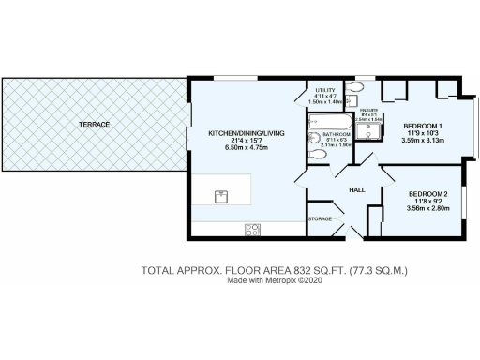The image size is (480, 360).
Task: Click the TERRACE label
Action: click(x=95, y=124)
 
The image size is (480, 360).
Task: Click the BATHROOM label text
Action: click(x=337, y=134)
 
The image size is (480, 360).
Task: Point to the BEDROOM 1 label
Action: click(x=423, y=125)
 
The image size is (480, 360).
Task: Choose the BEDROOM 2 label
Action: click(x=427, y=194)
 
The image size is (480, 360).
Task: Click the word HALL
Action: click(x=356, y=190)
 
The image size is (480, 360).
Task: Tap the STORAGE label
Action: click(x=319, y=219)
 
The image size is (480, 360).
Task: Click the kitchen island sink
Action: click(x=222, y=195)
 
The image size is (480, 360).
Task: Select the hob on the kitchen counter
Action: click(x=251, y=228)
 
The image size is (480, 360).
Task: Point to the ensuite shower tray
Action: click(x=372, y=132)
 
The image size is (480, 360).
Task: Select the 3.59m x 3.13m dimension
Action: click(x=423, y=140)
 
